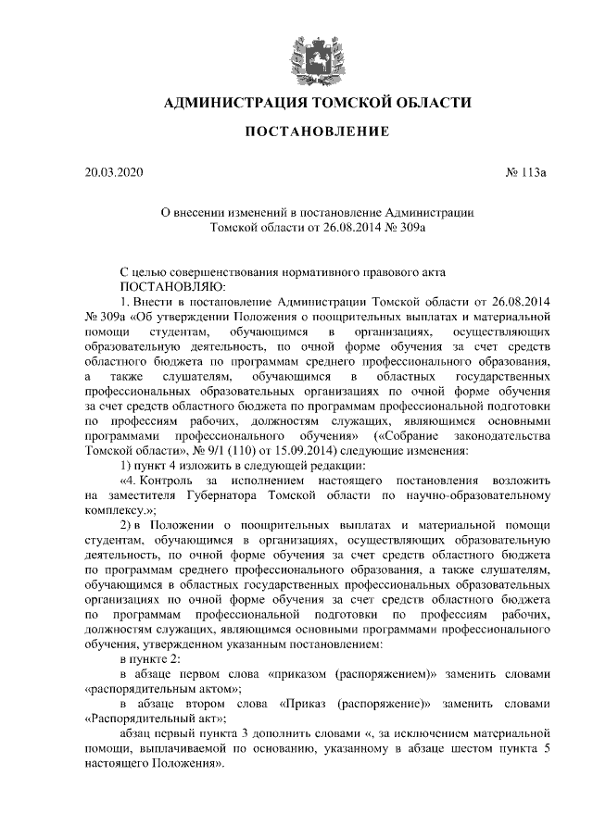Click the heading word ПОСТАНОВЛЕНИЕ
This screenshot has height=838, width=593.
point(316,133)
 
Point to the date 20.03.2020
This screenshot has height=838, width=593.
point(114,172)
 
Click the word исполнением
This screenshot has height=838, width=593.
point(276,481)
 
